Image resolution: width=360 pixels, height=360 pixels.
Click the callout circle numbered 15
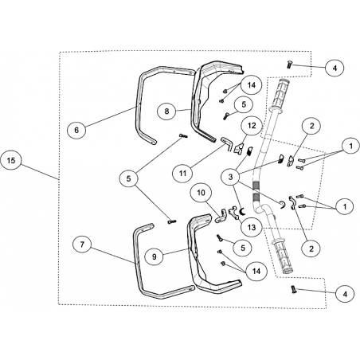(11, 161)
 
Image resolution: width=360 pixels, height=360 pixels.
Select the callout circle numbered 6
(76, 130)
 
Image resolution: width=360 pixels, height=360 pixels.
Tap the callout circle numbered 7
(82, 245)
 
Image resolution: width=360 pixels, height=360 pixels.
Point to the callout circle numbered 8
(166, 111)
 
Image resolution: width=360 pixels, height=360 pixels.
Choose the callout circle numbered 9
(155, 256)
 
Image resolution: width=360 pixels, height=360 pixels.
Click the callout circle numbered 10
(202, 192)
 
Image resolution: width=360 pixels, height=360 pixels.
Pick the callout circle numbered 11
(182, 174)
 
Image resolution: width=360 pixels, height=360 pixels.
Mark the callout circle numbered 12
(252, 125)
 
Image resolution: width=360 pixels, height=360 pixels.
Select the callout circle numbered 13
(252, 227)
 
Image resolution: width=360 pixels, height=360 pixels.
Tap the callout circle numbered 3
(230, 177)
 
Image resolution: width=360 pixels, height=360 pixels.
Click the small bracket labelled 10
(221, 217)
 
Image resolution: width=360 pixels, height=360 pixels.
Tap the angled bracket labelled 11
(227, 143)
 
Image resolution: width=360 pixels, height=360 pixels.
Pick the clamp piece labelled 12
(239, 148)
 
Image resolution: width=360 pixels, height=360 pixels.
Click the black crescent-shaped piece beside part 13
(241, 212)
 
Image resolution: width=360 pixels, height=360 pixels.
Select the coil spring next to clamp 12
(249, 151)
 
